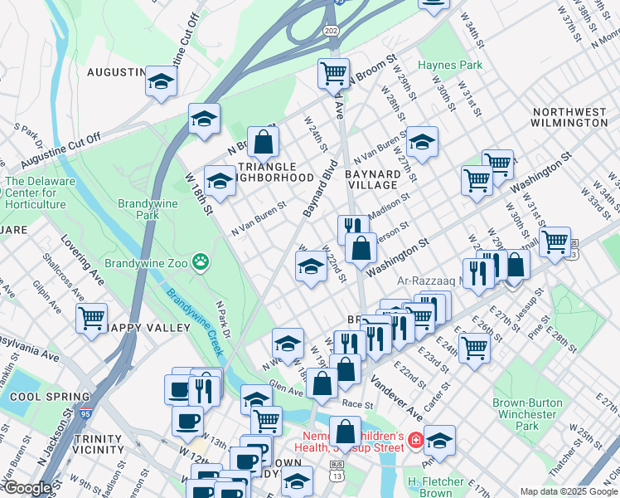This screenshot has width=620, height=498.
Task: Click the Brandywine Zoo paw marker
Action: [200, 263]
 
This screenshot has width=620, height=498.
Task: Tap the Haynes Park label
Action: [450, 65]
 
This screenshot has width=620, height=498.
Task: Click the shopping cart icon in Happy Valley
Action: [91, 316]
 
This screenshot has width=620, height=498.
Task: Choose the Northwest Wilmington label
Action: [569, 117]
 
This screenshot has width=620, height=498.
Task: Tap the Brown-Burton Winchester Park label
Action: [527, 414]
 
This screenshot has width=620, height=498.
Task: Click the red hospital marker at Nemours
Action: [415, 439]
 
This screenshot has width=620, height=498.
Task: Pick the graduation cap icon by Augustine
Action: [161, 81]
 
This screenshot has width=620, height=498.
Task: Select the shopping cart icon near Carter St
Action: [474, 347]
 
